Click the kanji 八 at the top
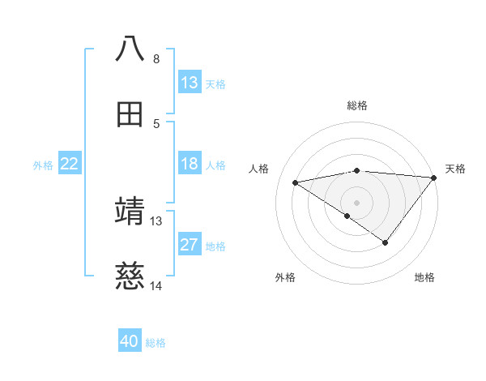[x=130, y=49]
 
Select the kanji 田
[x=130, y=114]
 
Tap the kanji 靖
[x=130, y=211]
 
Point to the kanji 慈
[x=130, y=277]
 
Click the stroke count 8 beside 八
[x=156, y=58]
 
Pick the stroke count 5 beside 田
[x=156, y=124]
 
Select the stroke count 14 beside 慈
[x=156, y=286]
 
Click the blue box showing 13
[x=190, y=83]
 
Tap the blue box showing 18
[x=190, y=164]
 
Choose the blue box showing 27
[x=190, y=245]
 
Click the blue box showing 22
[x=70, y=164]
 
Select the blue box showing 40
[x=130, y=341]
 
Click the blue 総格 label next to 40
[x=156, y=343]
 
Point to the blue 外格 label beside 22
[x=43, y=165]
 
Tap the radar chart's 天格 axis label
[x=455, y=169]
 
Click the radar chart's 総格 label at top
[x=357, y=105]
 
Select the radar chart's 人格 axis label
[x=259, y=169]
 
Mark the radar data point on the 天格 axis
[x=434, y=177]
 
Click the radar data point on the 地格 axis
[x=386, y=242]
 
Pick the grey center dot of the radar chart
[x=357, y=202]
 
